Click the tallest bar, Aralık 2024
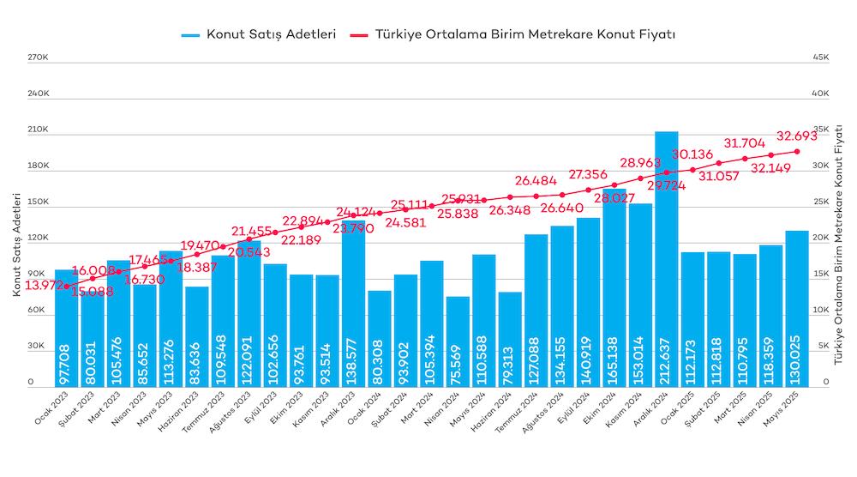pyautogui.click(x=667, y=257)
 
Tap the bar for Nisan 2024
pyautogui.click(x=458, y=343)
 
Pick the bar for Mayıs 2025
pyautogui.click(x=797, y=309)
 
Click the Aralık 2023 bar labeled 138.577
pyautogui.click(x=353, y=300)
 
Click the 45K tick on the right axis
pyautogui.click(x=820, y=57)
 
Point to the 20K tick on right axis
pyautogui.click(x=820, y=238)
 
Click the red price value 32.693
pyautogui.click(x=797, y=136)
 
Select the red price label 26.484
pyautogui.click(x=536, y=181)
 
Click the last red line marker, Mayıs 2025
pyautogui.click(x=797, y=152)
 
